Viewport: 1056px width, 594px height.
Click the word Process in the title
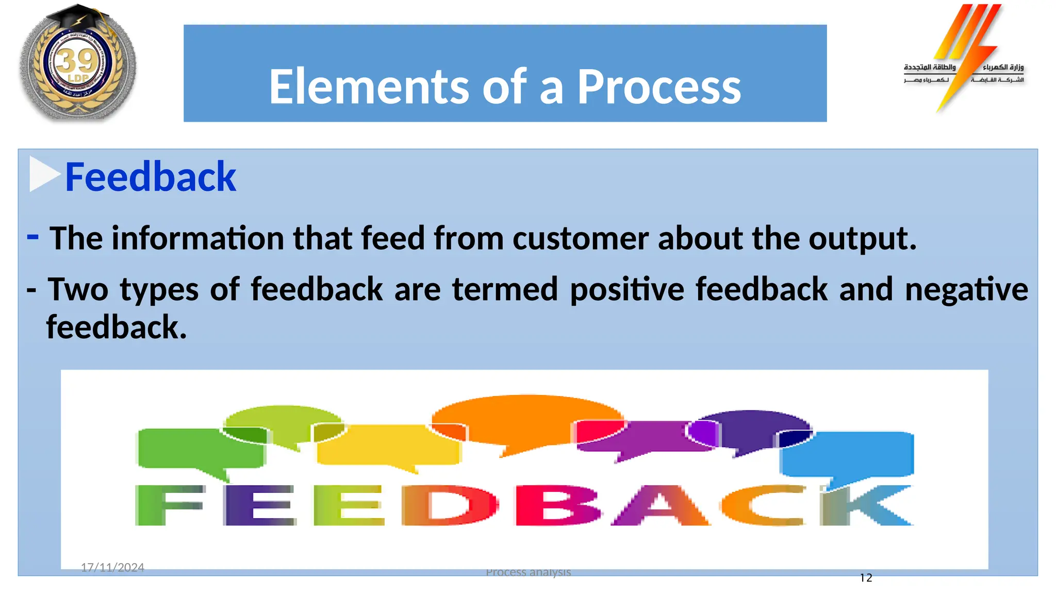tap(658, 87)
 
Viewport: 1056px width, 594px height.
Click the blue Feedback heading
tap(150, 177)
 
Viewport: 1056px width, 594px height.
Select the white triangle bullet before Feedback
tap(43, 174)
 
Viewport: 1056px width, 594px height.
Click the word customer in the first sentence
tap(580, 238)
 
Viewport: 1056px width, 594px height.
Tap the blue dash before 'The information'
tap(32, 237)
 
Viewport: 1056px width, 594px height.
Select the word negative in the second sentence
tap(966, 289)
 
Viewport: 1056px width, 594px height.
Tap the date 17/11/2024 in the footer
tap(112, 567)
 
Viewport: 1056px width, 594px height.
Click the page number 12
tap(866, 578)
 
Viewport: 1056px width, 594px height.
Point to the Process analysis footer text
tap(528, 572)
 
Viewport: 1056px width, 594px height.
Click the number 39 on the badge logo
tap(77, 61)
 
